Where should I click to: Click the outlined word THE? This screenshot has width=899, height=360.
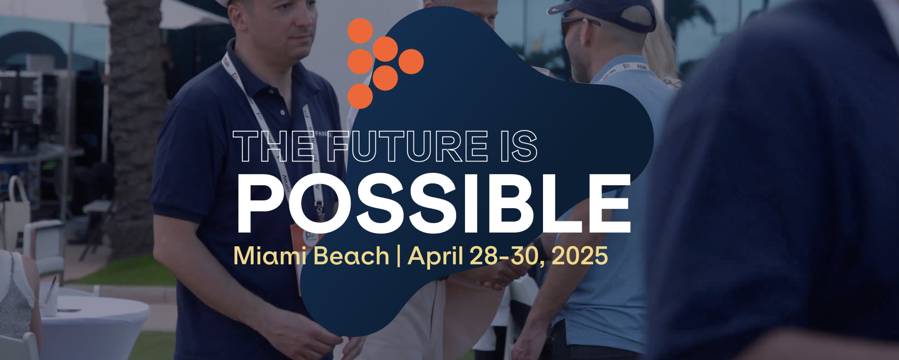coord(273,146)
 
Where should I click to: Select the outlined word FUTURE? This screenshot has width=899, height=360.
coord(407,146)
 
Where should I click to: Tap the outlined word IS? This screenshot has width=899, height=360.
coord(519,146)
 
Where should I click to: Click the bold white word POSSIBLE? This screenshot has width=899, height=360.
coord(434,204)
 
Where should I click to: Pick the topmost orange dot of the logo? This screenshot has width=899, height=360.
coord(360,31)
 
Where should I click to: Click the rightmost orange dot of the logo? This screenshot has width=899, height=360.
coord(411,62)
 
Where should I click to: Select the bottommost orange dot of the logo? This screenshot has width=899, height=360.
coord(360,96)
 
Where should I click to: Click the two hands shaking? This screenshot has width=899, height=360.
coord(503,276)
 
